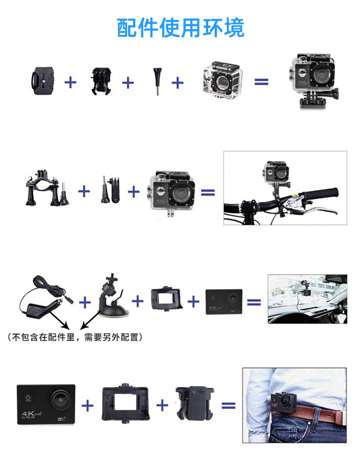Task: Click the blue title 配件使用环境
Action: click(180, 28)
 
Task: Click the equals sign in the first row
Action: click(261, 82)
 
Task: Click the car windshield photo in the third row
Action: click(307, 299)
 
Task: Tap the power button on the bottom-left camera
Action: click(28, 398)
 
